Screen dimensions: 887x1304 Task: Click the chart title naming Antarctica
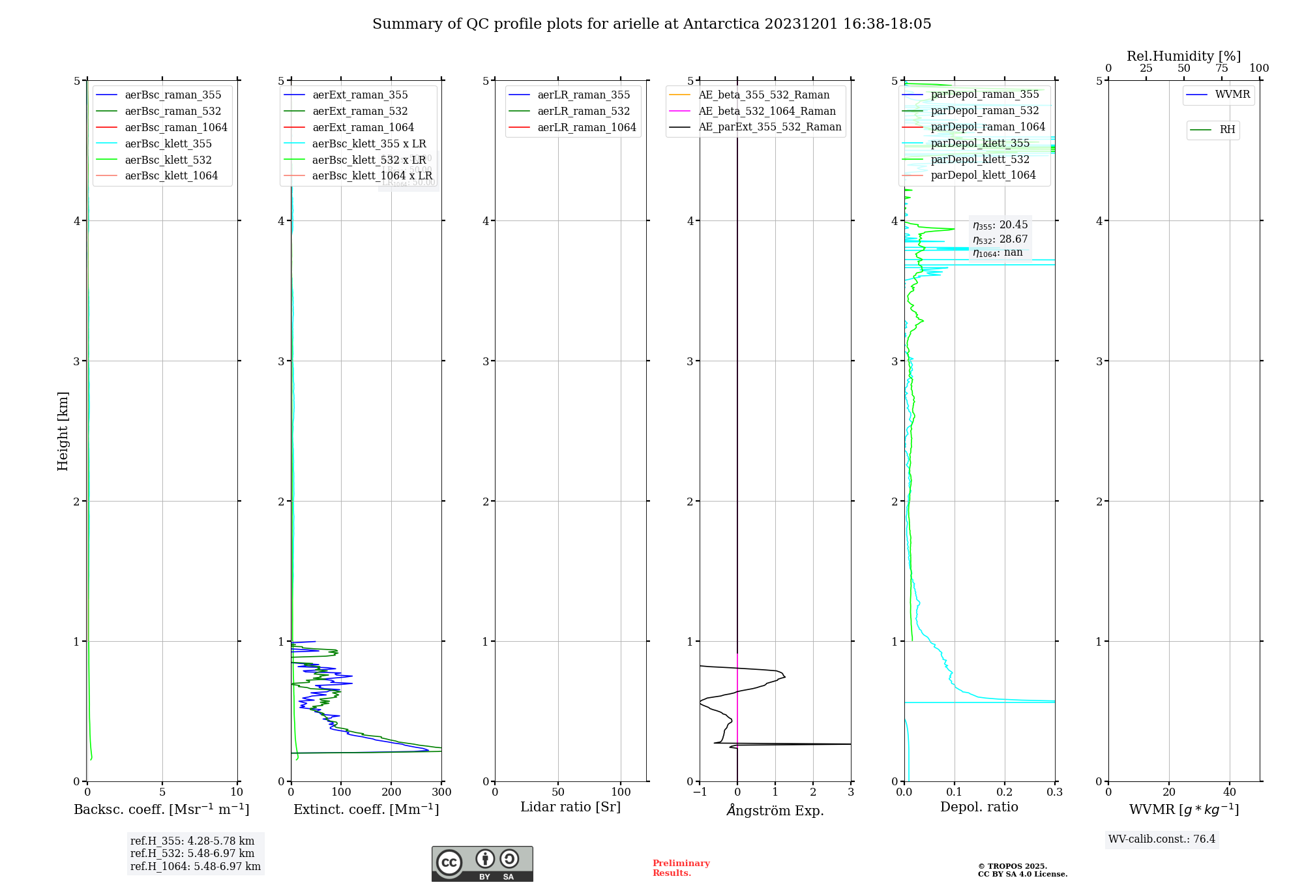pos(651,24)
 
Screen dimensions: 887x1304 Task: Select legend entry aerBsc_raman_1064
pos(175,127)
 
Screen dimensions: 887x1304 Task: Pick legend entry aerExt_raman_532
pos(360,111)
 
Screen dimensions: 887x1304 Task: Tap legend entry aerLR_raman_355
pos(584,95)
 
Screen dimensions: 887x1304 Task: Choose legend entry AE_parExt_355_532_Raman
pos(769,127)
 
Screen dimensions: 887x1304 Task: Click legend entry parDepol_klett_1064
pos(983,175)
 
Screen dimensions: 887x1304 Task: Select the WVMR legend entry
pos(1232,95)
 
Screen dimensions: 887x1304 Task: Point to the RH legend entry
pos(1227,130)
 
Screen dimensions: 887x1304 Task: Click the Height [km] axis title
pos(63,430)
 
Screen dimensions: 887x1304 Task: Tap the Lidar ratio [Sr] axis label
pos(570,807)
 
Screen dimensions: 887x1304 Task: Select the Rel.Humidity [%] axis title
pos(1183,56)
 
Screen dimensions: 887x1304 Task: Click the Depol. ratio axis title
pos(979,807)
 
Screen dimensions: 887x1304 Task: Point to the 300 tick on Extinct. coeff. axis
pos(441,792)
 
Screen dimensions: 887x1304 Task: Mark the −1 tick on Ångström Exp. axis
pos(700,792)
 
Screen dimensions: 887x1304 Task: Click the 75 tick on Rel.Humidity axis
pos(1221,68)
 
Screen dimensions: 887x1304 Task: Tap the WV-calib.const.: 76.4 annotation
pos(1162,839)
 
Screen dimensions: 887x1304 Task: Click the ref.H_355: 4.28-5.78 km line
pos(192,841)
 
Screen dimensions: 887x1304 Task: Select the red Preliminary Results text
pos(681,867)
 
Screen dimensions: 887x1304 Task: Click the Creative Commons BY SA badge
pos(482,864)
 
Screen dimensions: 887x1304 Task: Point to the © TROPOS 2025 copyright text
pos(1012,866)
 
